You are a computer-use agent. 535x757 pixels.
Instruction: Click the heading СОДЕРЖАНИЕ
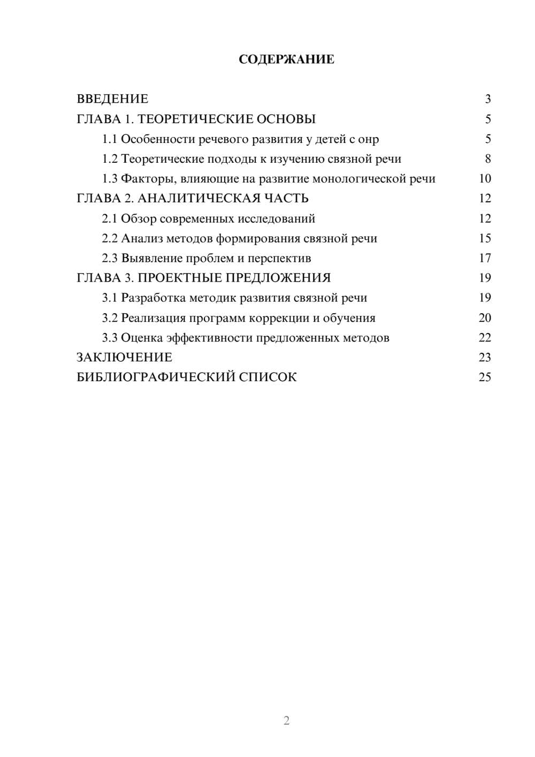(x=286, y=59)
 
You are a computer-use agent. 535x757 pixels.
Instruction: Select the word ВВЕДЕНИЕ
(x=112, y=99)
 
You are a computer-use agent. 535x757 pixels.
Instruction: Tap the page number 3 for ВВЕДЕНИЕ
(x=487, y=99)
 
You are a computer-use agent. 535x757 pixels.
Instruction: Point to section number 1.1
(x=109, y=139)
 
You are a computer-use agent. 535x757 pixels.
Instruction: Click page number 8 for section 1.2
(x=487, y=159)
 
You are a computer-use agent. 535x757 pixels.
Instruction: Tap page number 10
(x=485, y=179)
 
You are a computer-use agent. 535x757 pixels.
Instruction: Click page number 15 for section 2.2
(x=485, y=238)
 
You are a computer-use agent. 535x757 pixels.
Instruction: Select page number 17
(x=485, y=258)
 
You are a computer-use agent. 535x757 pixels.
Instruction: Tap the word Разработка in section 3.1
(x=153, y=298)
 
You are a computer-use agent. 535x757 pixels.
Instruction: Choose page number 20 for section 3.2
(x=485, y=317)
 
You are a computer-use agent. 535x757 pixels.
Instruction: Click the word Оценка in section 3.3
(x=142, y=338)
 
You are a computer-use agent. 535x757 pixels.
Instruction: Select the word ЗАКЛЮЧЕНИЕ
(x=125, y=357)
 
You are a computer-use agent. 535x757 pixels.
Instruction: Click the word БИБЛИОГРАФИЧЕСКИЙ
(x=155, y=377)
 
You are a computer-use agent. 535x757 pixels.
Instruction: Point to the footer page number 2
(x=286, y=721)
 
